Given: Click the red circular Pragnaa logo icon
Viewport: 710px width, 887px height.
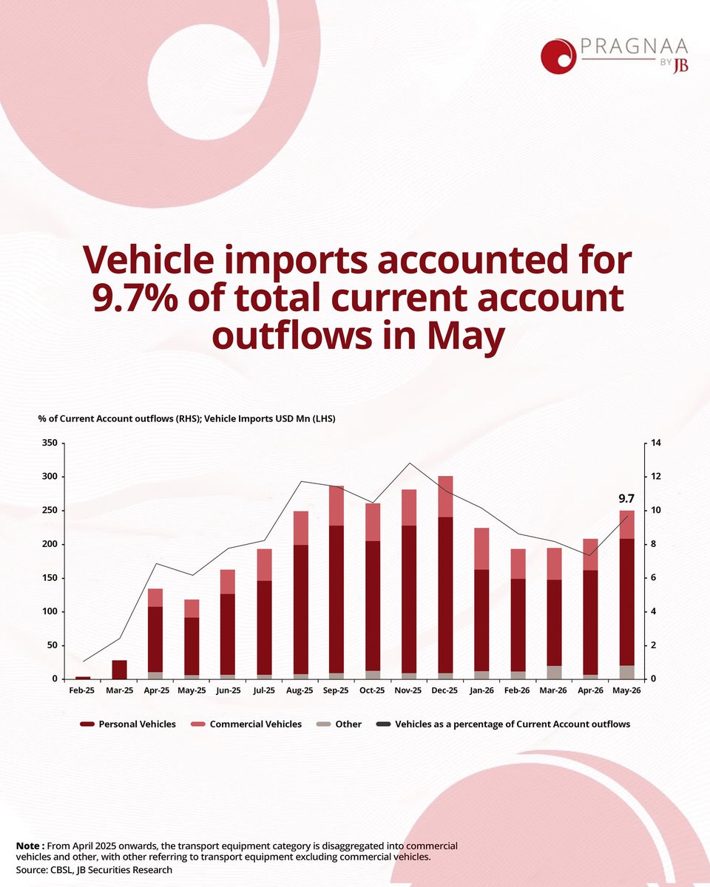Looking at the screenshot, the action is (x=558, y=56).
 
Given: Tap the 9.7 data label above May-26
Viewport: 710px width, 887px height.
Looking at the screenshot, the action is (x=626, y=499).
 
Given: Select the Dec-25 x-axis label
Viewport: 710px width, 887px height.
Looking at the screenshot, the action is (x=444, y=690).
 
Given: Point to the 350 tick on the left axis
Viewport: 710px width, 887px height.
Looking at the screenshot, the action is (x=50, y=443).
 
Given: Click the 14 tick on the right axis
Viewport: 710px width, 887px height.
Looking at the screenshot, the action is (x=656, y=443).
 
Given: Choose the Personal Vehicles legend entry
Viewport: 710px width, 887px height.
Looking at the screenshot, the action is (x=128, y=724).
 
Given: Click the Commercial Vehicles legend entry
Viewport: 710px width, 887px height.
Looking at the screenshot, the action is (x=246, y=724).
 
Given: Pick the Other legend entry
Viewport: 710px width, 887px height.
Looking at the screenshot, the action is (x=339, y=724).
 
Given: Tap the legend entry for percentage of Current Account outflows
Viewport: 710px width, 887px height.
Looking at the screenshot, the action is (x=504, y=724).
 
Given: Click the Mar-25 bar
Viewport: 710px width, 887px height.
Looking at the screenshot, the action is (x=120, y=670).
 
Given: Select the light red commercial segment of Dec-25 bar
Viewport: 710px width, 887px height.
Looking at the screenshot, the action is (x=445, y=497).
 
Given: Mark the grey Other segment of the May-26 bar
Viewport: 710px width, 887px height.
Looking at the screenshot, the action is (x=626, y=672).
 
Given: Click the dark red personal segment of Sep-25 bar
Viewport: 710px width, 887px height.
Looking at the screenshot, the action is (x=337, y=599).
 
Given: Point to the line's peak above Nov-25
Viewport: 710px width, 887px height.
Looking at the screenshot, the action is (x=409, y=463).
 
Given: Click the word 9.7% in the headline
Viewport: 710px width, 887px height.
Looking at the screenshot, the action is (x=135, y=298).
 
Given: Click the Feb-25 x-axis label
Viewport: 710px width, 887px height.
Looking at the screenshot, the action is (x=81, y=690).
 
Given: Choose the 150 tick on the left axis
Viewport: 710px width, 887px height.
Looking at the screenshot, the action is (x=50, y=578).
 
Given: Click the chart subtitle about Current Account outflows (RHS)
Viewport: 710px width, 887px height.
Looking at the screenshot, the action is (x=187, y=419).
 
